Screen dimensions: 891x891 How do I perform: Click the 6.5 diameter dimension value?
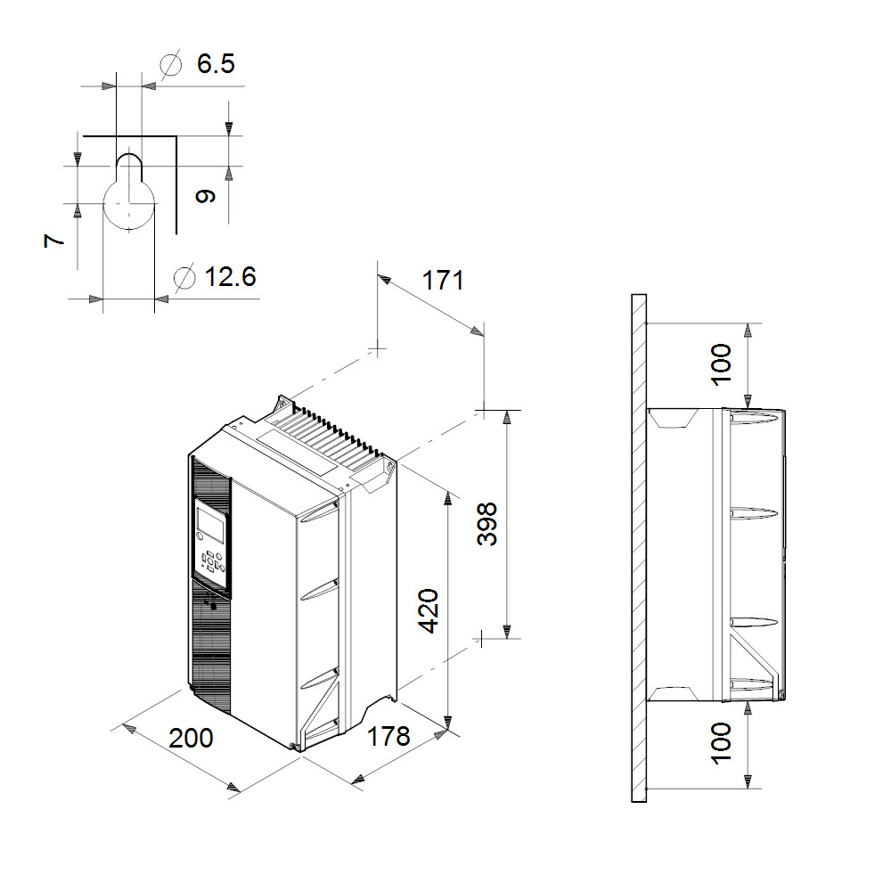point(216,63)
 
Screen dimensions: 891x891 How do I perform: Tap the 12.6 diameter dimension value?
point(230,277)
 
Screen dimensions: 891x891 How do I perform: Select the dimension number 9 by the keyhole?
point(205,196)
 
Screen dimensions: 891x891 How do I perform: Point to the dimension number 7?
point(54,241)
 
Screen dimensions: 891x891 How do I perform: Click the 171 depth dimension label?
point(443,280)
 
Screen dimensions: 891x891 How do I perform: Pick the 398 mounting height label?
point(487,524)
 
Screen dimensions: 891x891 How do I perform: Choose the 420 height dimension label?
point(429,611)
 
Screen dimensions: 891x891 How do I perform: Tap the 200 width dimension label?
point(191,738)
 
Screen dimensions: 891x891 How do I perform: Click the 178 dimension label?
point(388,736)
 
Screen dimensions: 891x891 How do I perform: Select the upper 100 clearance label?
point(721,364)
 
